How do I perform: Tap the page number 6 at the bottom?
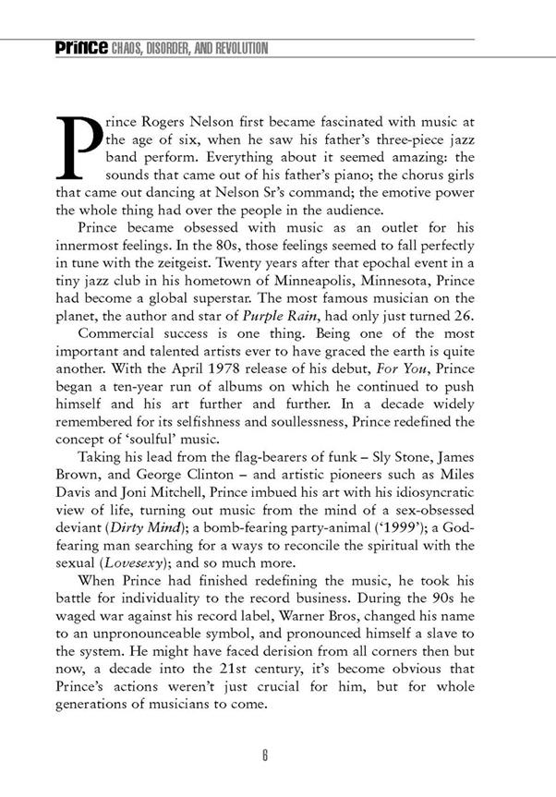click(264, 755)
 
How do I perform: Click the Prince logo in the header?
click(80, 48)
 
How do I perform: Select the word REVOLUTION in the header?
click(238, 48)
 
